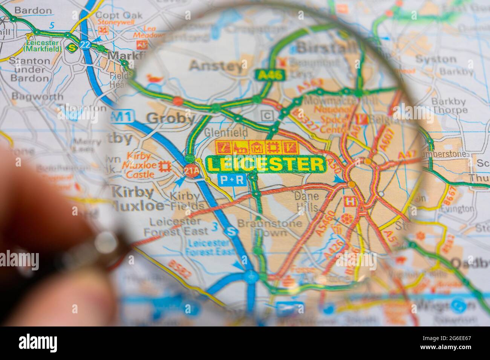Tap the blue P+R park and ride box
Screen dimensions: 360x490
(x=232, y=180)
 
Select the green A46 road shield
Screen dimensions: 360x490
(x=270, y=75)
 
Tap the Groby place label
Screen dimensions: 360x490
(x=171, y=118)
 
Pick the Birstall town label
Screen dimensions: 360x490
(x=326, y=48)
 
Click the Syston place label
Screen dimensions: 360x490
(x=435, y=59)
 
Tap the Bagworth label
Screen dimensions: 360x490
(x=37, y=96)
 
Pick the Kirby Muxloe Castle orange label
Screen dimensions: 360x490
(x=140, y=165)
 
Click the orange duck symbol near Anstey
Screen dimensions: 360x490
(x=155, y=79)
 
